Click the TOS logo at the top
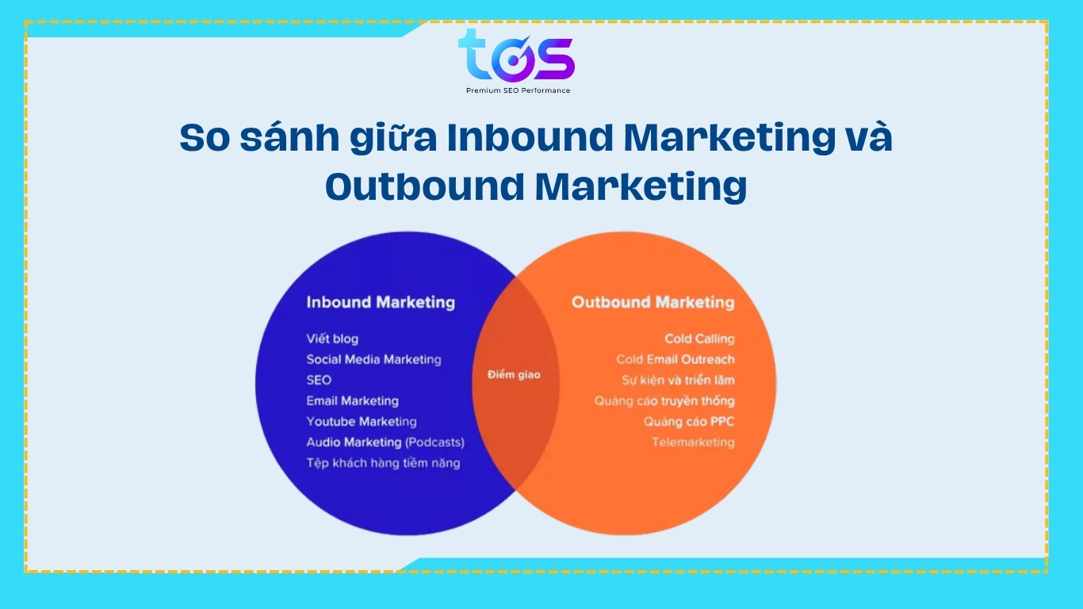point(516,56)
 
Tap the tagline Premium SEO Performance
point(518,90)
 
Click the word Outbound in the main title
point(425,186)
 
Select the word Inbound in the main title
point(530,137)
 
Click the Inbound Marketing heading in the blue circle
point(381,302)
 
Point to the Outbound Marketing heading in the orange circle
point(652,302)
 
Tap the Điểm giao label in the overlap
point(514,374)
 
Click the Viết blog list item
point(332,339)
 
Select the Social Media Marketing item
point(373,359)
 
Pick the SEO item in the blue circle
point(319,380)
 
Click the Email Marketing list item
point(353,401)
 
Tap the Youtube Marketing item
point(362,422)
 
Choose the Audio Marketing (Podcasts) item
point(385,442)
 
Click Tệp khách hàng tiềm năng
point(383,463)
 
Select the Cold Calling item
point(699,339)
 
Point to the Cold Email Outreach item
point(675,359)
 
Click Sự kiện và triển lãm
point(678,380)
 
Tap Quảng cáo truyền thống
point(664,401)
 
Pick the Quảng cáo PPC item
point(689,422)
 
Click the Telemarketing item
point(693,442)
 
